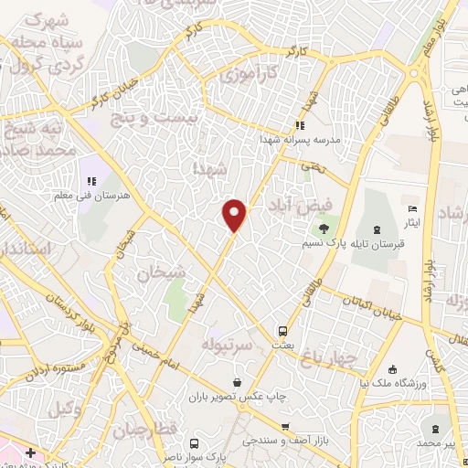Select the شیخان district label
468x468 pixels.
[161, 271]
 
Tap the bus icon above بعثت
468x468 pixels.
[282, 331]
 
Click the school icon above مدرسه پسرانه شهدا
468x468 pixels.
[298, 126]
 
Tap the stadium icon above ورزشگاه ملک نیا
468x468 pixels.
[392, 369]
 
